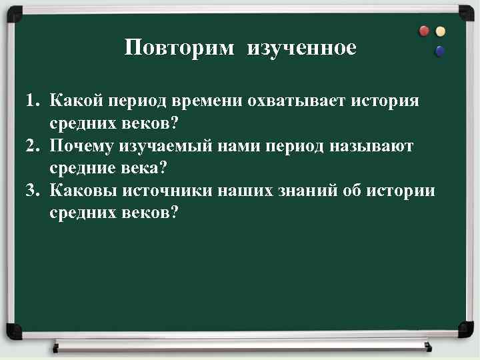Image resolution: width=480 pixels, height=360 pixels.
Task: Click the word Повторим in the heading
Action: pyautogui.click(x=179, y=48)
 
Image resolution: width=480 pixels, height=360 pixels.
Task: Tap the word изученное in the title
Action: pyautogui.click(x=301, y=48)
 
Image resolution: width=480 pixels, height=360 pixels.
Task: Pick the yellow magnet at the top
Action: pyautogui.click(x=440, y=31)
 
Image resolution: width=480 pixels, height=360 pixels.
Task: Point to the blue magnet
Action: pyautogui.click(x=440, y=51)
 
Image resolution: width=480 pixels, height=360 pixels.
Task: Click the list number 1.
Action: pyautogui.click(x=31, y=102)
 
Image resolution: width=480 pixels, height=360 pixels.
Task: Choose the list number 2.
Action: pyautogui.click(x=31, y=146)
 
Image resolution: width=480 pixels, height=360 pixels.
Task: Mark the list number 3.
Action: pyautogui.click(x=31, y=191)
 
